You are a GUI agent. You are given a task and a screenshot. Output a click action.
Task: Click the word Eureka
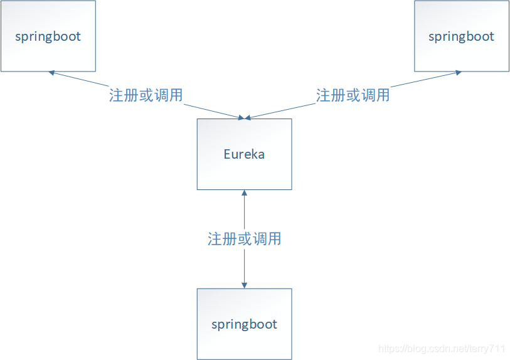244,154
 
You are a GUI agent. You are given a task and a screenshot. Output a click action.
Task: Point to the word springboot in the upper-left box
48,36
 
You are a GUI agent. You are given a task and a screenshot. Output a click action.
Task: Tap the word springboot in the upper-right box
461,36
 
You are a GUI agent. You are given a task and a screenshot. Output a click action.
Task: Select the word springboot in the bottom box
244,325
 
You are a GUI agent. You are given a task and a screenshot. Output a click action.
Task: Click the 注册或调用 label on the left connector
146,95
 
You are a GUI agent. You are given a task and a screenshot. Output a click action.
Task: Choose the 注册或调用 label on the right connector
353,95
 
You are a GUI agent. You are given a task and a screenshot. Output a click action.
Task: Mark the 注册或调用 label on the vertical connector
244,239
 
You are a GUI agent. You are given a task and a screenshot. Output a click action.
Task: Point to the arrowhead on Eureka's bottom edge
244,193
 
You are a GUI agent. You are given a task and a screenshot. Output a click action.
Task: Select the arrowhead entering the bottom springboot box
244,285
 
